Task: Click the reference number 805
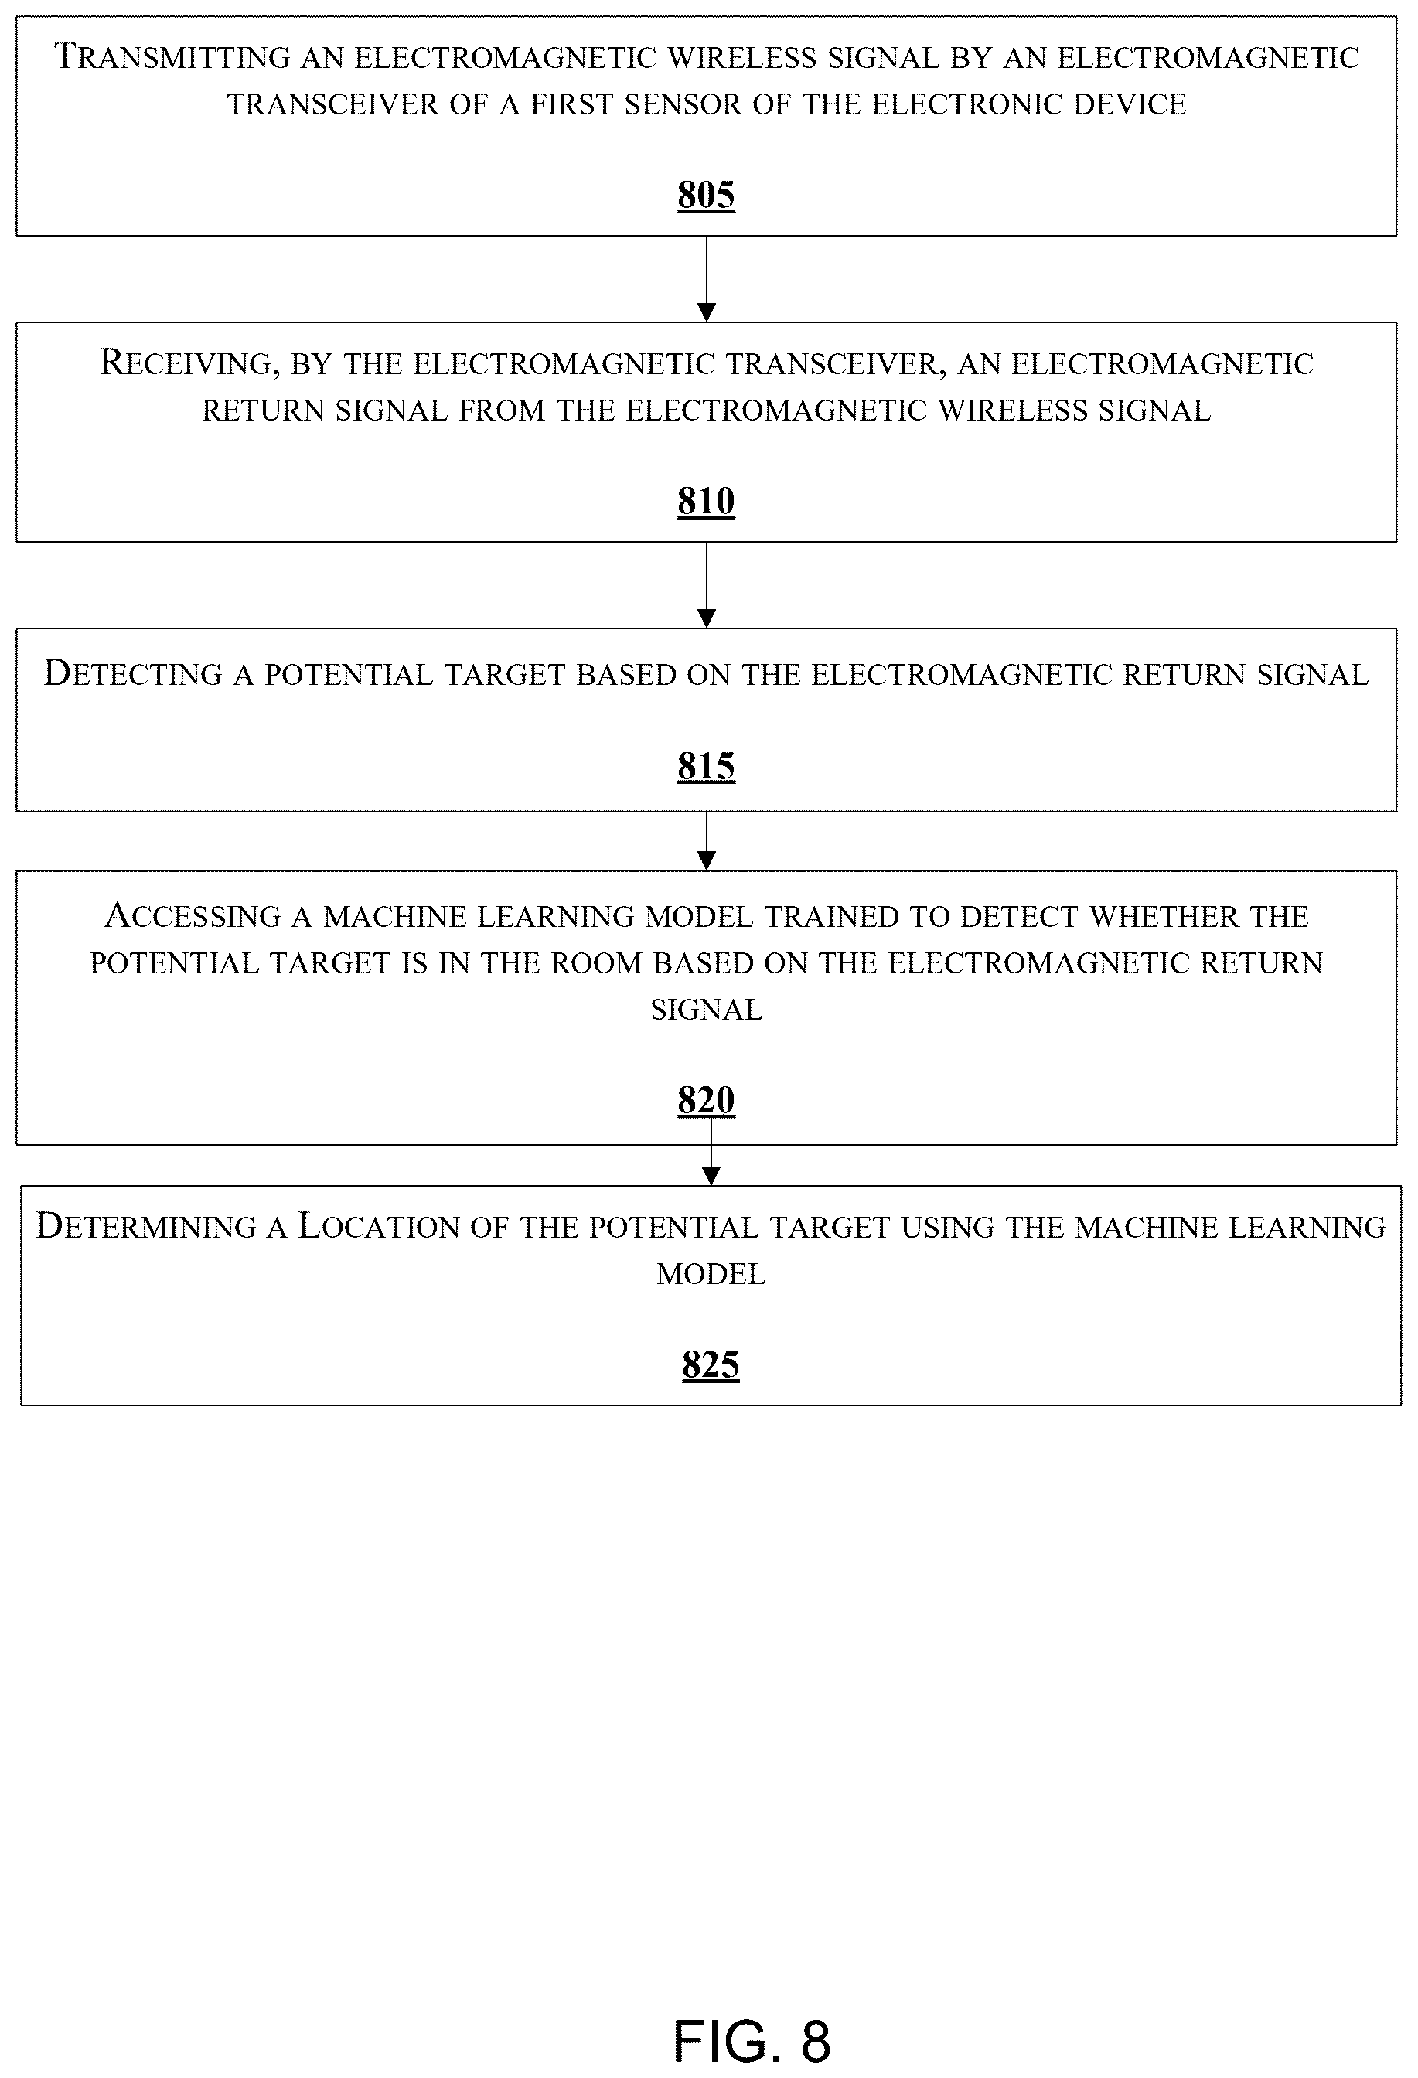coord(707,195)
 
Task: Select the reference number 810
coord(707,501)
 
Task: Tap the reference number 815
coord(707,766)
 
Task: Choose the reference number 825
coord(711,1364)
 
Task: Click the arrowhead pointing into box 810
coord(707,313)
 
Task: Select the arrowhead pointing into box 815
coord(707,618)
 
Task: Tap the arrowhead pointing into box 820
coord(707,861)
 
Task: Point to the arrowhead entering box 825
coord(711,1177)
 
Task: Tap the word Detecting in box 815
coord(133,674)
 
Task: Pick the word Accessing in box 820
coord(193,915)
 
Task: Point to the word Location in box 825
coord(379,1226)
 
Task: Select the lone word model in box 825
coord(711,1274)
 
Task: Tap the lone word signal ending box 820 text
coord(707,1010)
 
